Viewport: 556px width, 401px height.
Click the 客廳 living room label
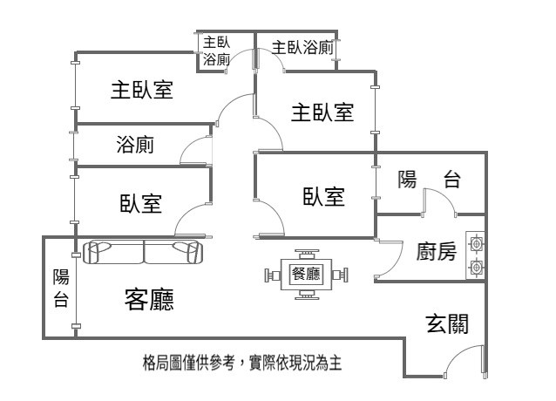pyautogui.click(x=150, y=300)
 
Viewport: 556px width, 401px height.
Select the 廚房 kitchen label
pyautogui.click(x=437, y=252)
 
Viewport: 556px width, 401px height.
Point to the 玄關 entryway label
pyautogui.click(x=447, y=324)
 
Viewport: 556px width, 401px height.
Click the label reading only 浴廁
pyautogui.click(x=135, y=145)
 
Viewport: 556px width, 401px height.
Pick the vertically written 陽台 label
pyautogui.click(x=61, y=289)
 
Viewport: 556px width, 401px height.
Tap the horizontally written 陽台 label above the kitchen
pyautogui.click(x=429, y=180)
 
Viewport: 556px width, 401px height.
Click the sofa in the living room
pyautogui.click(x=143, y=253)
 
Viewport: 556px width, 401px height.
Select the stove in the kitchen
pyautogui.click(x=476, y=254)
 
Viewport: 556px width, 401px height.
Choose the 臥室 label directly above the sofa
pyautogui.click(x=140, y=204)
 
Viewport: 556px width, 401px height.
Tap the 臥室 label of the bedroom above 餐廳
pyautogui.click(x=323, y=197)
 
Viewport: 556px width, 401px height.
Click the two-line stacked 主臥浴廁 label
pyautogui.click(x=216, y=51)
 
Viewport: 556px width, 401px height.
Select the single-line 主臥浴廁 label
pyautogui.click(x=302, y=47)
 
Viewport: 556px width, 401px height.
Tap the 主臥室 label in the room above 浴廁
pyautogui.click(x=140, y=90)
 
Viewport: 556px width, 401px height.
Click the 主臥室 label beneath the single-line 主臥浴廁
pyautogui.click(x=322, y=112)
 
